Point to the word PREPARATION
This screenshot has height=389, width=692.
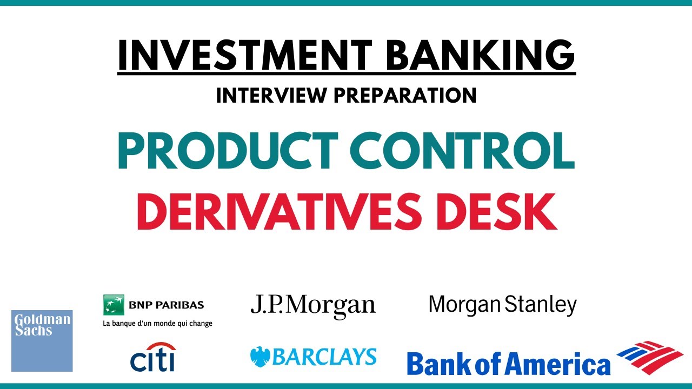pyautogui.click(x=405, y=96)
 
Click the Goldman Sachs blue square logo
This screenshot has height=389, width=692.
pyautogui.click(x=42, y=340)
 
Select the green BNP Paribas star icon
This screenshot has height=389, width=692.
pyautogui.click(x=114, y=305)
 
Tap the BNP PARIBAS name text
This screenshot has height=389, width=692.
pyautogui.click(x=167, y=305)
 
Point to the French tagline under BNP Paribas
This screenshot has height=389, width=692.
pyautogui.click(x=157, y=324)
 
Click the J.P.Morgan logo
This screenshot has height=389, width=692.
pyautogui.click(x=312, y=305)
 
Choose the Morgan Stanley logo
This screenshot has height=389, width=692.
pyautogui.click(x=502, y=305)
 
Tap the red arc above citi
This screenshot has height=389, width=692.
pyautogui.click(x=161, y=346)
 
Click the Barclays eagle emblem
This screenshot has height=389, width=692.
pyautogui.click(x=260, y=357)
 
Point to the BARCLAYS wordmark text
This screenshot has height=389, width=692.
pyautogui.click(x=324, y=357)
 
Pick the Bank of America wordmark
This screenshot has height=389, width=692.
pyautogui.click(x=508, y=363)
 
